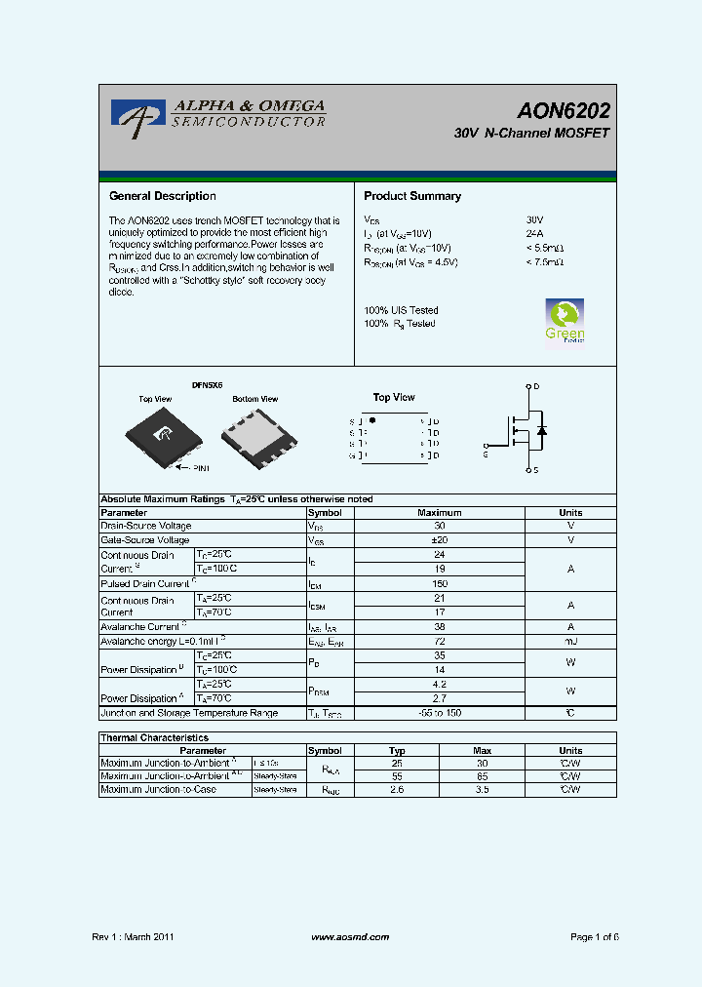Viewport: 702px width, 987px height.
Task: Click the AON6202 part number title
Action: (x=565, y=111)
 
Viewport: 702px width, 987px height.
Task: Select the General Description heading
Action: (x=162, y=196)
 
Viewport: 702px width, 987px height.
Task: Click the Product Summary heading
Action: (x=412, y=196)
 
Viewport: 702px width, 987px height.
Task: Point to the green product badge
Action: (x=565, y=322)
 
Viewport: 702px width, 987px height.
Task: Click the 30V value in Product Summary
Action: (x=534, y=220)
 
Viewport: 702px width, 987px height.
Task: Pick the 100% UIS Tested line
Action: (x=401, y=310)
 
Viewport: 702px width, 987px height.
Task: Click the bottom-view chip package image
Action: (x=255, y=434)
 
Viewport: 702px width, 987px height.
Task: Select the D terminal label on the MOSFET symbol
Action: (x=536, y=386)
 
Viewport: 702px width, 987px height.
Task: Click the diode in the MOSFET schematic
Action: (x=542, y=429)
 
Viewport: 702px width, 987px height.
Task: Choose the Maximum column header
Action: (x=439, y=513)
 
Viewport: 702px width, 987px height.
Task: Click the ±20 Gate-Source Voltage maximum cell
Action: (x=439, y=540)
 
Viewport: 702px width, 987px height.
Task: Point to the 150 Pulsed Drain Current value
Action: (x=439, y=583)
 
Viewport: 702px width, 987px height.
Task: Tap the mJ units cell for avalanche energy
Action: (x=570, y=642)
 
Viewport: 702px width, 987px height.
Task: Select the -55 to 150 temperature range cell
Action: (x=439, y=713)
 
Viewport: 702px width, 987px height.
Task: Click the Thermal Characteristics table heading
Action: (x=155, y=738)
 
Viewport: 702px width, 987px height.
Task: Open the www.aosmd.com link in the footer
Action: (x=350, y=937)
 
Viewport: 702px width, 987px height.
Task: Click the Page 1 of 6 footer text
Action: (x=594, y=937)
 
